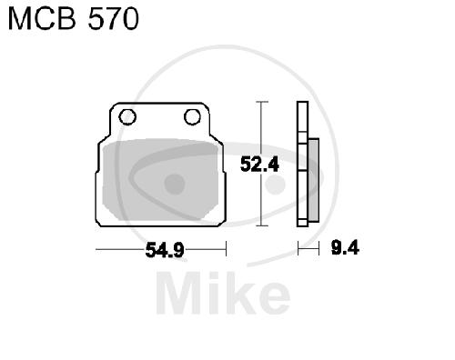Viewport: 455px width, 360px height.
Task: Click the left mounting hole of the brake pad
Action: tap(127, 117)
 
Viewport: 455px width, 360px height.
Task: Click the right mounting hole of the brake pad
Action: tap(192, 117)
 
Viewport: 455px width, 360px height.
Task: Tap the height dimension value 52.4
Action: tap(259, 165)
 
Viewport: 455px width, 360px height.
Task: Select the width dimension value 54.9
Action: tap(165, 250)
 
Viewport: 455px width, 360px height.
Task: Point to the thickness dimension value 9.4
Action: tap(345, 247)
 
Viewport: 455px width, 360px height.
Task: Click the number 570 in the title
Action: tap(114, 19)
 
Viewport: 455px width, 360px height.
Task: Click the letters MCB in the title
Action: tap(42, 19)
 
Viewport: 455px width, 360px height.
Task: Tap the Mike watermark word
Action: tap(224, 293)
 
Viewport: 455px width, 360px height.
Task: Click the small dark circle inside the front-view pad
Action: tap(175, 184)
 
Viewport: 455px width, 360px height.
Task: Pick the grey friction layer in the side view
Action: tap(313, 180)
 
